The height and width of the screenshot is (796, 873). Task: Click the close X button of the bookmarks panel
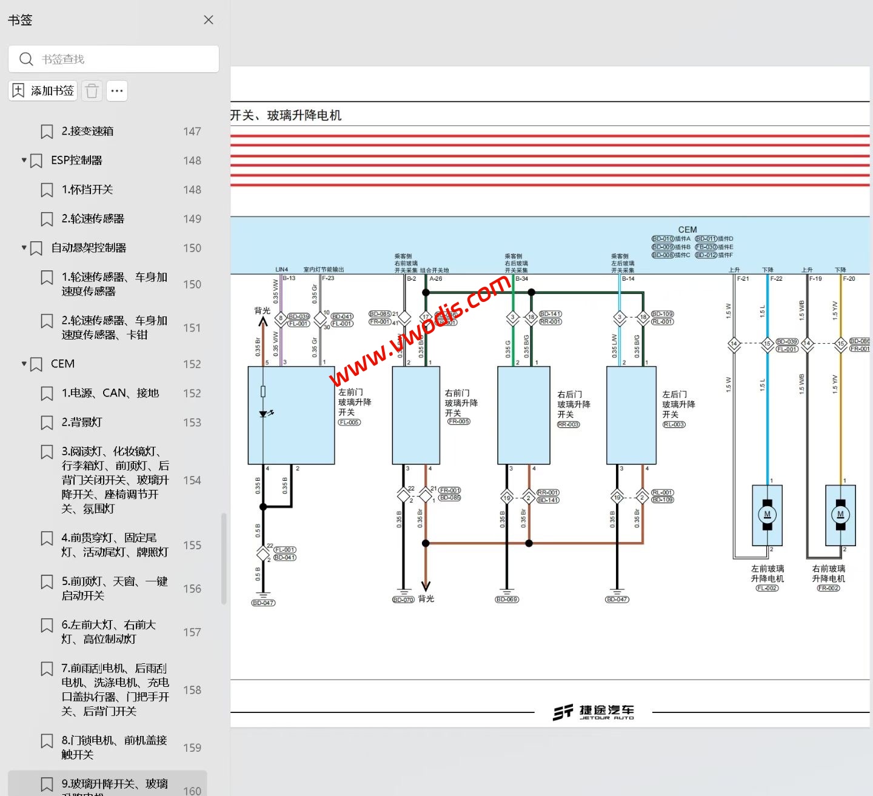[209, 20]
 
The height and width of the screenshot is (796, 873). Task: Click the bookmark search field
[121, 59]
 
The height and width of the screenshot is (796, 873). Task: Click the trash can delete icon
[92, 91]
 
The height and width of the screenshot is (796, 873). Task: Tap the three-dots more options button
[117, 91]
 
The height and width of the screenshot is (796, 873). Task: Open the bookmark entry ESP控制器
[76, 160]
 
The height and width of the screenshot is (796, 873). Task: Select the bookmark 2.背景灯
[82, 422]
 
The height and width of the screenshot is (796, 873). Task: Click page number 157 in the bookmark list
[192, 632]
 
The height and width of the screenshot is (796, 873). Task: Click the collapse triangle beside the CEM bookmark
[24, 364]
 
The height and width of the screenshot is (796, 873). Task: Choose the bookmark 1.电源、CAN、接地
[110, 393]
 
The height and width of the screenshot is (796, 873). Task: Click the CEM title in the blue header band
[687, 229]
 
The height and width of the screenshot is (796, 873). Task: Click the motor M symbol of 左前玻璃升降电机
[767, 515]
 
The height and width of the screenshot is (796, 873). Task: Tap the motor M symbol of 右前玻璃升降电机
[840, 515]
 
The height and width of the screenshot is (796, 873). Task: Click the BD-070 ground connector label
[403, 600]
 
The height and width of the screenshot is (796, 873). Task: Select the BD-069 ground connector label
[507, 600]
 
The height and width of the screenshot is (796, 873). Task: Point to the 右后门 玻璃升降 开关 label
[573, 404]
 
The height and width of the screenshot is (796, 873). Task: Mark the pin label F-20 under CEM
[849, 279]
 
